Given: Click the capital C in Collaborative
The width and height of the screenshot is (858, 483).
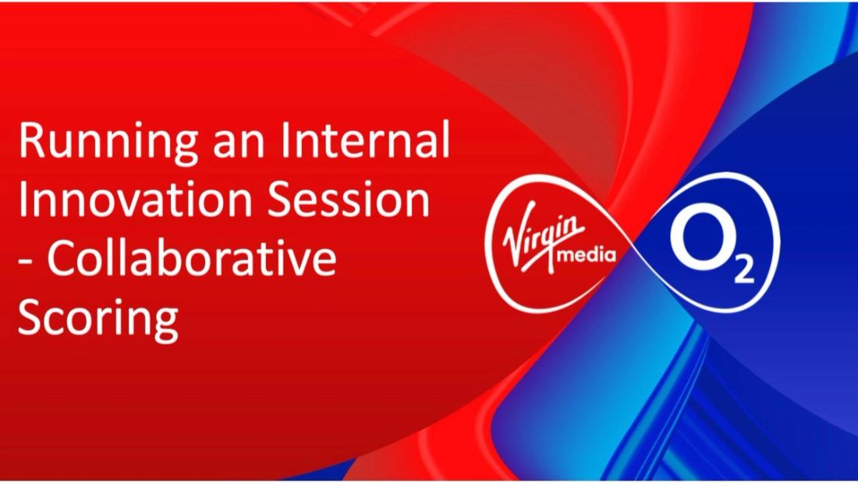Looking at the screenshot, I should point(62,259).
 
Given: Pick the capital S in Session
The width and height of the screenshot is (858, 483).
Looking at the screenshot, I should point(274,201).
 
